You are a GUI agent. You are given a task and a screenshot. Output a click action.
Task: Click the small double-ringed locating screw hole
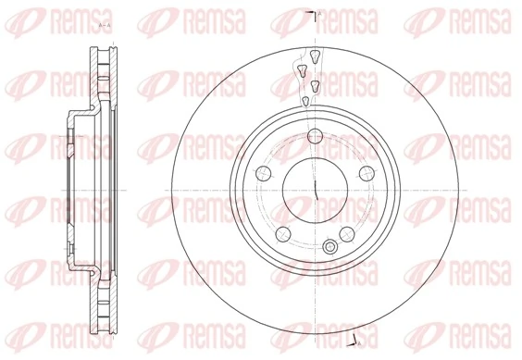pyautogui.click(x=329, y=245)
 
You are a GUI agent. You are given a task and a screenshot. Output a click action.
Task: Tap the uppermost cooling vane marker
pyautogui.click(x=315, y=57)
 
